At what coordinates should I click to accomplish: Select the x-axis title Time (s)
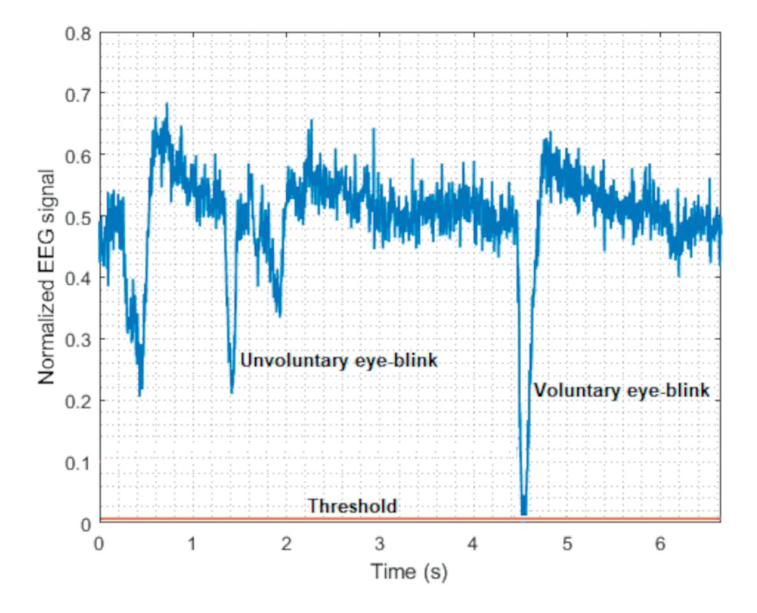tap(410, 572)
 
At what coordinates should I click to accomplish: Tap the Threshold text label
tap(352, 506)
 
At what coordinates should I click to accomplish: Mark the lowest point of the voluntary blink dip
tap(524, 513)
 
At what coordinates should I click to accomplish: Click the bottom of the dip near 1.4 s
tap(232, 392)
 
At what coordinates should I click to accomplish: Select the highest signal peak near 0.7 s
tap(167, 104)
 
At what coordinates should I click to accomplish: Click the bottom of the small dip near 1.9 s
tap(279, 315)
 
